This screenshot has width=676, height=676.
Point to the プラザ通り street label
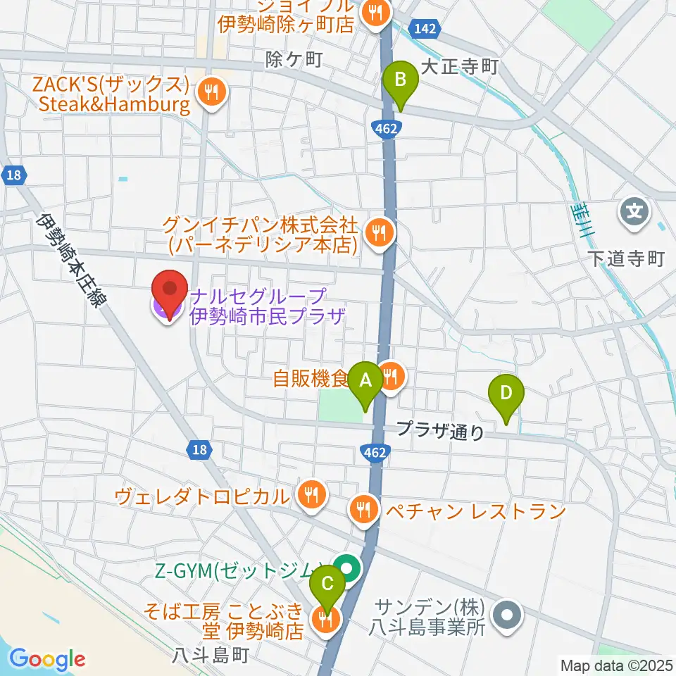(441, 430)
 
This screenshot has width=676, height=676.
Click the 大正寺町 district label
(459, 68)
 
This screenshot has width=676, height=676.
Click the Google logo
(48, 660)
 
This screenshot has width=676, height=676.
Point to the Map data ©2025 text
(615, 665)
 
